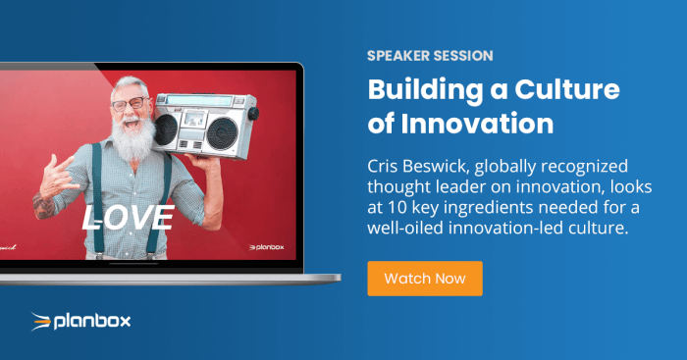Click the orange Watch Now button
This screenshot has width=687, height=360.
424,278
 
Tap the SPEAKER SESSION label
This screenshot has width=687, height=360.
430,56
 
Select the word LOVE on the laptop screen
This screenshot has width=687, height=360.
129,218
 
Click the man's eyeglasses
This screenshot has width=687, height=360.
131,104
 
